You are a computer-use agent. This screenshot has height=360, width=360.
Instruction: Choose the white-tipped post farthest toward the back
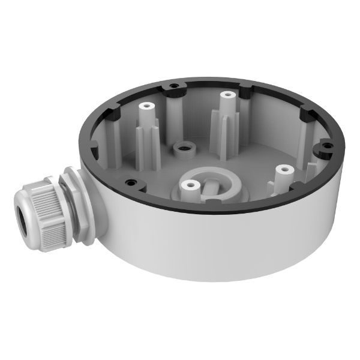[226, 97]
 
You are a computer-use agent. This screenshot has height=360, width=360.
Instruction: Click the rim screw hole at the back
[173, 88]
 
